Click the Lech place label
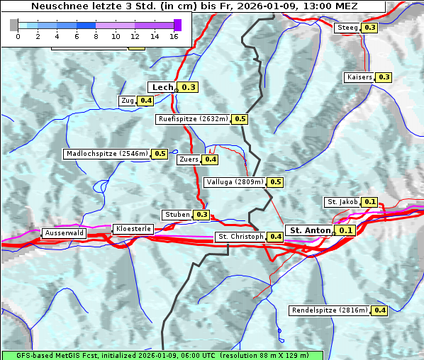[x=162, y=87]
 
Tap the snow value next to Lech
[x=189, y=87]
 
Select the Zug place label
[x=128, y=101]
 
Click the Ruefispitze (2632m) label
[x=194, y=119]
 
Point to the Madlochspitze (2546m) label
[x=106, y=154]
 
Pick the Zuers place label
[x=189, y=159]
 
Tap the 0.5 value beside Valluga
[x=276, y=182]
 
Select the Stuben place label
[x=177, y=215]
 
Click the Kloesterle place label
[x=133, y=229]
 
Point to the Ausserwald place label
[x=64, y=233]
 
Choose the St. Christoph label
[x=240, y=237]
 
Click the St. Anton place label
[x=311, y=230]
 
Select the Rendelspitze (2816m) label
[x=330, y=310]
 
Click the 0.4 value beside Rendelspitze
[x=380, y=310]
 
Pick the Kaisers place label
[x=359, y=77]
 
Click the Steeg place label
[x=347, y=28]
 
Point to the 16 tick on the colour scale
[x=174, y=36]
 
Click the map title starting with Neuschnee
[x=194, y=6]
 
